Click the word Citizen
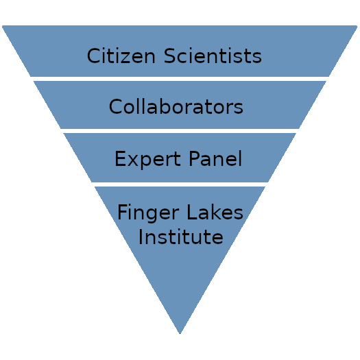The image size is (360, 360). pyautogui.click(x=121, y=56)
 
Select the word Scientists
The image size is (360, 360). pyautogui.click(x=213, y=56)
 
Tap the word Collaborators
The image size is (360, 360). pyautogui.click(x=176, y=106)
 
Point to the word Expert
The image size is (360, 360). pyautogui.click(x=147, y=159)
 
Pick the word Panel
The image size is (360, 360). pyautogui.click(x=215, y=158)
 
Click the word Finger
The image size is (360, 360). pyautogui.click(x=148, y=213)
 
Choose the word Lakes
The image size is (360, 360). pyautogui.click(x=215, y=212)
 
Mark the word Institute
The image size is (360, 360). pyautogui.click(x=181, y=237)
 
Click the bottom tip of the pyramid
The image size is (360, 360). pyautogui.click(x=180, y=333)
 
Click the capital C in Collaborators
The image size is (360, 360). pyautogui.click(x=115, y=106)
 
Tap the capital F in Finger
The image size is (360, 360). pyautogui.click(x=122, y=212)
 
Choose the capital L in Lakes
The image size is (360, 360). pyautogui.click(x=192, y=212)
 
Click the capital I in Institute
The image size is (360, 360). pyautogui.click(x=141, y=237)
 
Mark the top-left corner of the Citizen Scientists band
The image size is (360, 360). pyautogui.click(x=2, y=26)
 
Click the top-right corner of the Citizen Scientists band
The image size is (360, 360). pyautogui.click(x=357, y=26)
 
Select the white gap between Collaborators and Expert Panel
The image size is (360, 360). pyautogui.click(x=180, y=131)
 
